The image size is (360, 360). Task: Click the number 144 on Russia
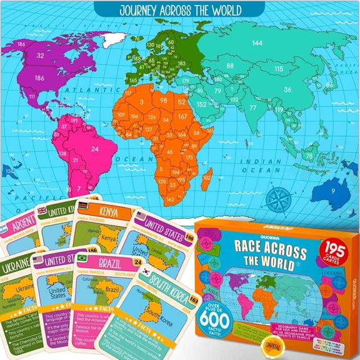(257, 43)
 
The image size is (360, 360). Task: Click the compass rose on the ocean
(276, 198)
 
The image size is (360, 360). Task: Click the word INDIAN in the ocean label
(281, 162)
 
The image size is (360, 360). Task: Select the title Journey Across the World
(180, 9)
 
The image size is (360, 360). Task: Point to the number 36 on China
(287, 89)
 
